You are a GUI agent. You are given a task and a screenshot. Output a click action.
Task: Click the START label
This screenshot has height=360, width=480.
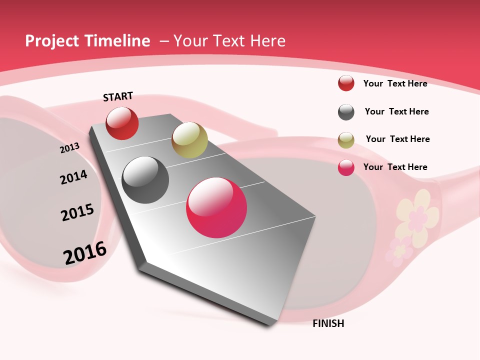118,96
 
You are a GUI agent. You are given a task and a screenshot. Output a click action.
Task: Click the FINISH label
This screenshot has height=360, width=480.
328,323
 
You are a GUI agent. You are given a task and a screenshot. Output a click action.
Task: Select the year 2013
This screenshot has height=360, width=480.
69,147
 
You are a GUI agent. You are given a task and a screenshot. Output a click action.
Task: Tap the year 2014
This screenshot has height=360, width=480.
73,177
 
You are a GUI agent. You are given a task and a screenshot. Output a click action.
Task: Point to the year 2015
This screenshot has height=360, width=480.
77,212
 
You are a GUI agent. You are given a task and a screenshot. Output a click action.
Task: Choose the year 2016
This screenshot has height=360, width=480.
85,252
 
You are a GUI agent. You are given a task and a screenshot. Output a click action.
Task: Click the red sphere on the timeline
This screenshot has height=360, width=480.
122,123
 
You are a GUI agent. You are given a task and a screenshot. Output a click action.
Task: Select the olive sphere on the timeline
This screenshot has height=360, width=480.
189,139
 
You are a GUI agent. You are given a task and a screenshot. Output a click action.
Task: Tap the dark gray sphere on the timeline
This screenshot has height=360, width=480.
145,180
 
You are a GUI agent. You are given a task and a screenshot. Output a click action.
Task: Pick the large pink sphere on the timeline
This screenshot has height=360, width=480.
216,207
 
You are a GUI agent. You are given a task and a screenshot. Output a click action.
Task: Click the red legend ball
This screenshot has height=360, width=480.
346,83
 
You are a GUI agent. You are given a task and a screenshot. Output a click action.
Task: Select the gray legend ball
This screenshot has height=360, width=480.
346,112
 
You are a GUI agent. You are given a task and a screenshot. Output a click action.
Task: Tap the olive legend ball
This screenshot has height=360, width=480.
346,140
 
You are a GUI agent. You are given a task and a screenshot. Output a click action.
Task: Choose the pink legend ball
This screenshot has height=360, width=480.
346,167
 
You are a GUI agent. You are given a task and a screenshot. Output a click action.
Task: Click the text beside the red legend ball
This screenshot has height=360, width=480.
395,83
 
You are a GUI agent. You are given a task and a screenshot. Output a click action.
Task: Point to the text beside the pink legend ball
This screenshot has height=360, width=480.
395,167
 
